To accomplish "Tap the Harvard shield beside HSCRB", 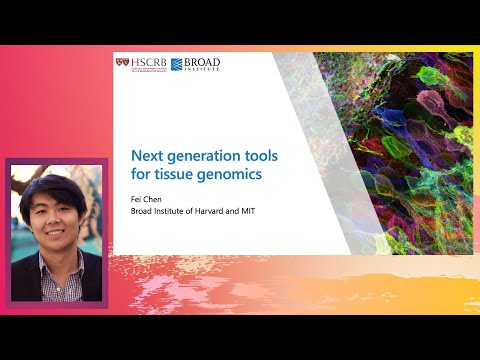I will click(x=123, y=65).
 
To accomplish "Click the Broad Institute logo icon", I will click(x=178, y=66).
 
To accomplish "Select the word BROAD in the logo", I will click(x=203, y=62).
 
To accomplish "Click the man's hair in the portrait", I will click(x=54, y=189).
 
